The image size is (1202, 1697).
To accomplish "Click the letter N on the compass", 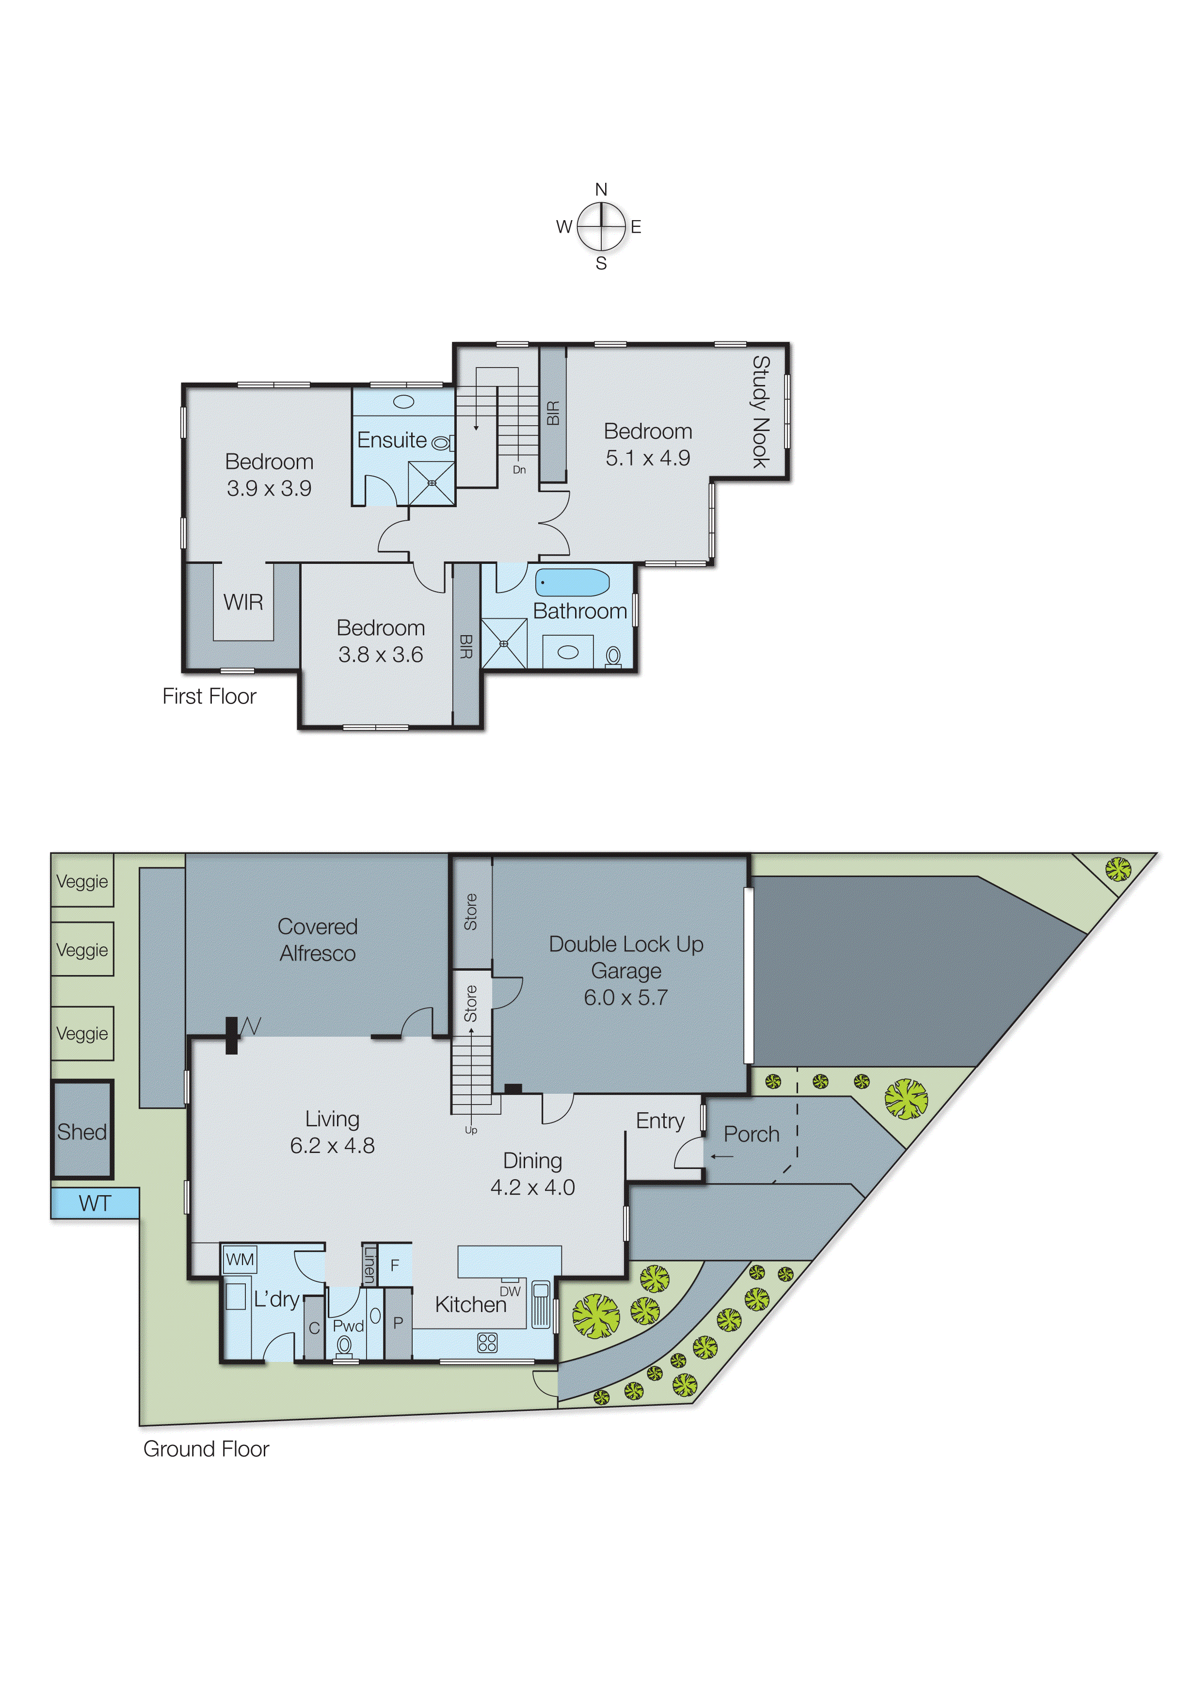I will pyautogui.click(x=601, y=190).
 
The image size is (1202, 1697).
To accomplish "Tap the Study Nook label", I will pyautogui.click(x=761, y=412).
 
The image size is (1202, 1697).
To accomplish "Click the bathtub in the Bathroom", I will pyautogui.click(x=572, y=582).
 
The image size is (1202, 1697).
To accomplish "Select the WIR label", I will pyautogui.click(x=243, y=602).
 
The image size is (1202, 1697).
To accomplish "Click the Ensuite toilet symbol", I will pyautogui.click(x=442, y=443).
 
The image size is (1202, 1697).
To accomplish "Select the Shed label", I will pyautogui.click(x=81, y=1132).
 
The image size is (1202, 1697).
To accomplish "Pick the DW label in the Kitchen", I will pyautogui.click(x=510, y=1292).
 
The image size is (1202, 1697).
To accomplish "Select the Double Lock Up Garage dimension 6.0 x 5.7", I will pyautogui.click(x=625, y=998).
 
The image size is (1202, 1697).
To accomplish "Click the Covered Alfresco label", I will pyautogui.click(x=318, y=940).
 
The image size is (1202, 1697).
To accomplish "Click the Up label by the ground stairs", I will pyautogui.click(x=471, y=1130).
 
